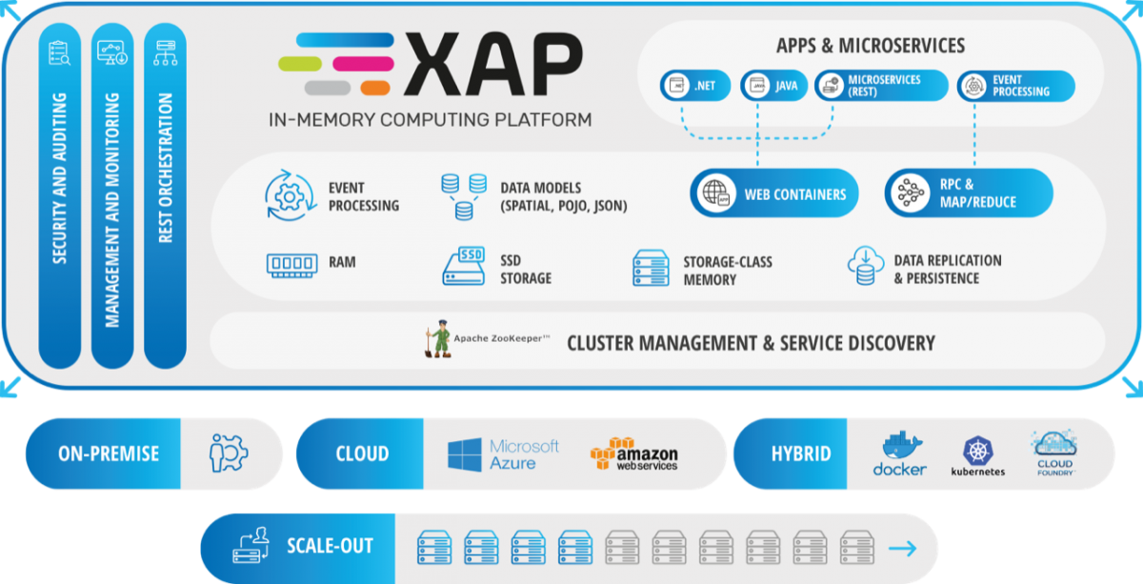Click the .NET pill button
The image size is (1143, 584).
pos(694,86)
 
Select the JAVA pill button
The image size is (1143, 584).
pos(774,86)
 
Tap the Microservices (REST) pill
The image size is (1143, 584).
pos(881,86)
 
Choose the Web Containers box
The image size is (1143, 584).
pos(773,193)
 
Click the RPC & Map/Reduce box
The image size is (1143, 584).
pos(969,193)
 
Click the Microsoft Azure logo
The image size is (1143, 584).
pos(504,454)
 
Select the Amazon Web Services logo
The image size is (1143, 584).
pos(633,454)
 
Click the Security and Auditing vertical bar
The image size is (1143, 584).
pos(60,195)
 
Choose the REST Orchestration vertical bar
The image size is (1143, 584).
pos(165,195)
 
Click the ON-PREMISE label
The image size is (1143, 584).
pos(109,454)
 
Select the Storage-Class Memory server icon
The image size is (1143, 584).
pos(651,268)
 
